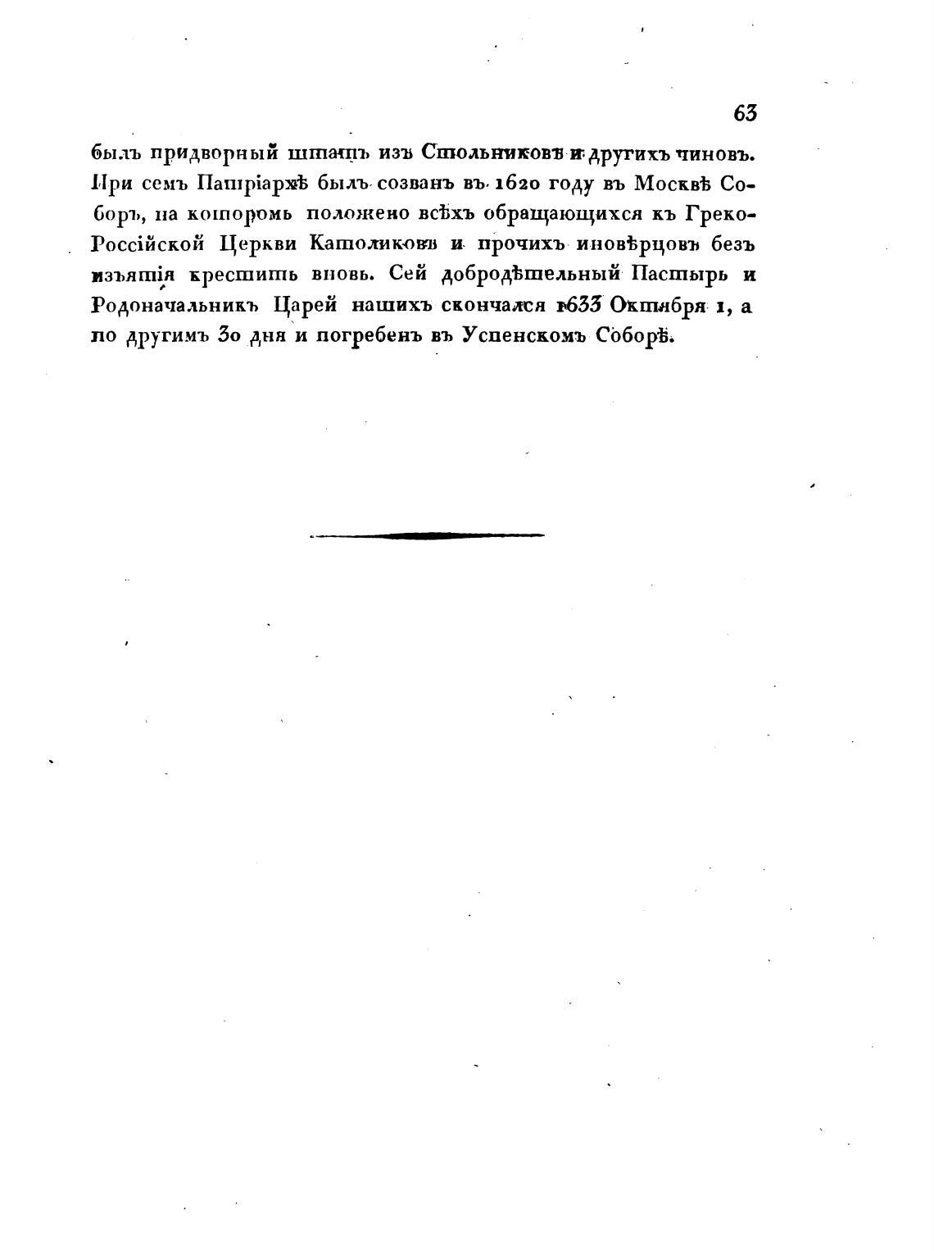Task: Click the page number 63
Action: click(745, 114)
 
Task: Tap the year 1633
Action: click(580, 305)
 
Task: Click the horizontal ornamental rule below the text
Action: click(427, 535)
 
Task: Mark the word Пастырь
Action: click(682, 275)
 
